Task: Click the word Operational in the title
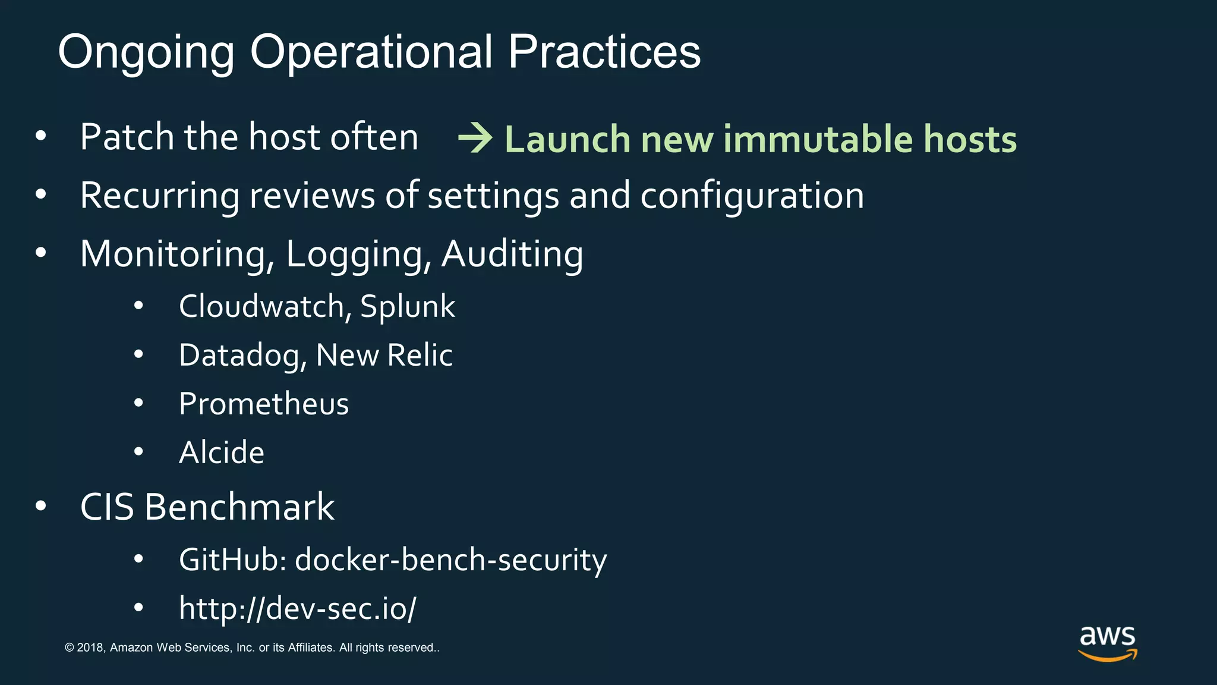tap(371, 52)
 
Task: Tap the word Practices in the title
tap(604, 52)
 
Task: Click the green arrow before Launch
tap(475, 138)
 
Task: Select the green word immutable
tap(818, 139)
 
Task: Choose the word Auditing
tap(512, 254)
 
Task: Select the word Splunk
tap(408, 307)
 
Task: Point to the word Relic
tap(420, 355)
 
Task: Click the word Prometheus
tap(264, 404)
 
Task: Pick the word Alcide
tap(222, 453)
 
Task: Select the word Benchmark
tap(239, 507)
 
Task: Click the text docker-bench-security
tap(450, 560)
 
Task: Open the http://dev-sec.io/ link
tap(297, 608)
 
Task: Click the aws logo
tap(1107, 643)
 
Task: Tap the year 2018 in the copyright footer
tap(90, 648)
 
